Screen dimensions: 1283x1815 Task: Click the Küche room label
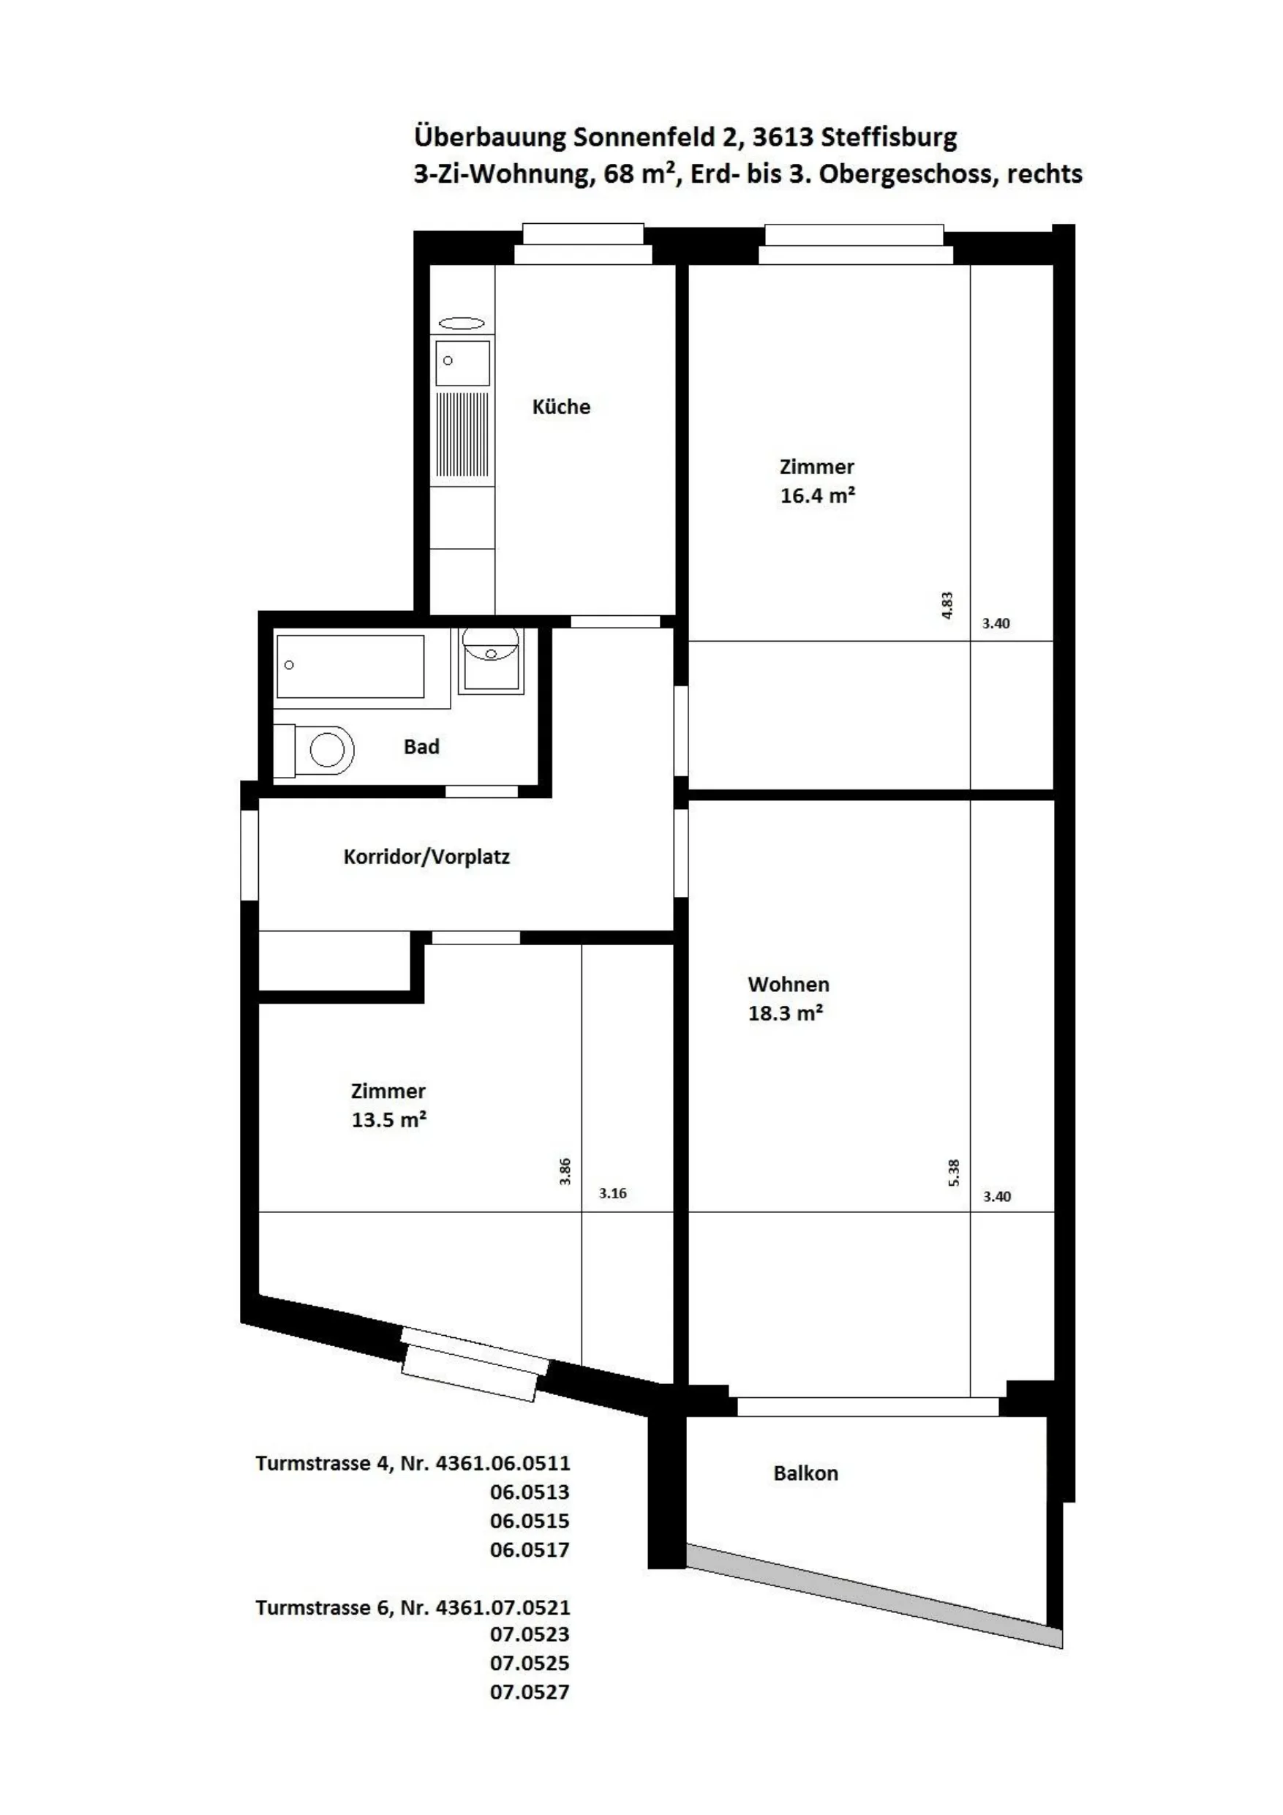[561, 407]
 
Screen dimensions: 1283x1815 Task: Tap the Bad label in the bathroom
[421, 747]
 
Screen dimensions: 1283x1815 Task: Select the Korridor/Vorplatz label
[427, 857]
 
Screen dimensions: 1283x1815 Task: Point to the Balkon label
[805, 1473]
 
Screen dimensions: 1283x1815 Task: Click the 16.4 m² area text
[817, 496]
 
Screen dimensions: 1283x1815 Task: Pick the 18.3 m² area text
[786, 1013]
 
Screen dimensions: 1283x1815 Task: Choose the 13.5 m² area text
[389, 1120]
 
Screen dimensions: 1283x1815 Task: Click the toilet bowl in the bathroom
[326, 748]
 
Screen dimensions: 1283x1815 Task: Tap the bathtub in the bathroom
[350, 666]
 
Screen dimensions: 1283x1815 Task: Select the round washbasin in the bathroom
[490, 644]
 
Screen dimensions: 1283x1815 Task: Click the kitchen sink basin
[462, 364]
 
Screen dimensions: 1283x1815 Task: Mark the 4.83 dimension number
[948, 606]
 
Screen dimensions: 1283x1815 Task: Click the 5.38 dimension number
[954, 1173]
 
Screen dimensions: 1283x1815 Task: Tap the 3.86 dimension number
[565, 1171]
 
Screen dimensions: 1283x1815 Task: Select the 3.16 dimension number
[613, 1194]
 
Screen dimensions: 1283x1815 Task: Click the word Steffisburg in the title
[889, 138]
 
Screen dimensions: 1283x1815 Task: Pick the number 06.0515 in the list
[530, 1521]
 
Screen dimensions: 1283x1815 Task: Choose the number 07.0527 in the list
[530, 1693]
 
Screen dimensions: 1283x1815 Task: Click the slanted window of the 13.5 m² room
[474, 1365]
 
